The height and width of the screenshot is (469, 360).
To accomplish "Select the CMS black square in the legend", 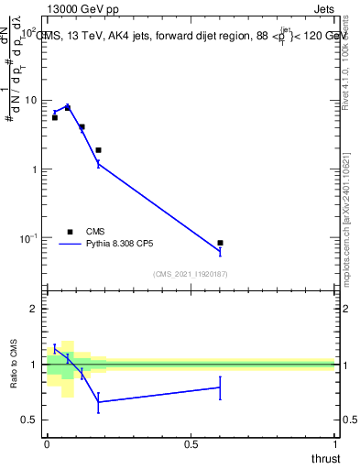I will coord(69,231).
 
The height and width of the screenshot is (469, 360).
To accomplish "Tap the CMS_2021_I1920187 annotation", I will coord(190,274).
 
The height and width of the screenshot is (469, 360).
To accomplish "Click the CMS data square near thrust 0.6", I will coord(220,243).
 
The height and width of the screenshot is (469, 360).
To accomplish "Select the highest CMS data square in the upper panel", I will coord(68,108).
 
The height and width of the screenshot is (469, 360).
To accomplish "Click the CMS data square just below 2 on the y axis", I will coord(98,150).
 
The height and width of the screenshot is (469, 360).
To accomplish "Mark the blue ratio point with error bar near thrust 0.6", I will coord(220,387).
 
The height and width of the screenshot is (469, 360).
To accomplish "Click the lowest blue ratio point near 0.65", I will coord(98,402).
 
